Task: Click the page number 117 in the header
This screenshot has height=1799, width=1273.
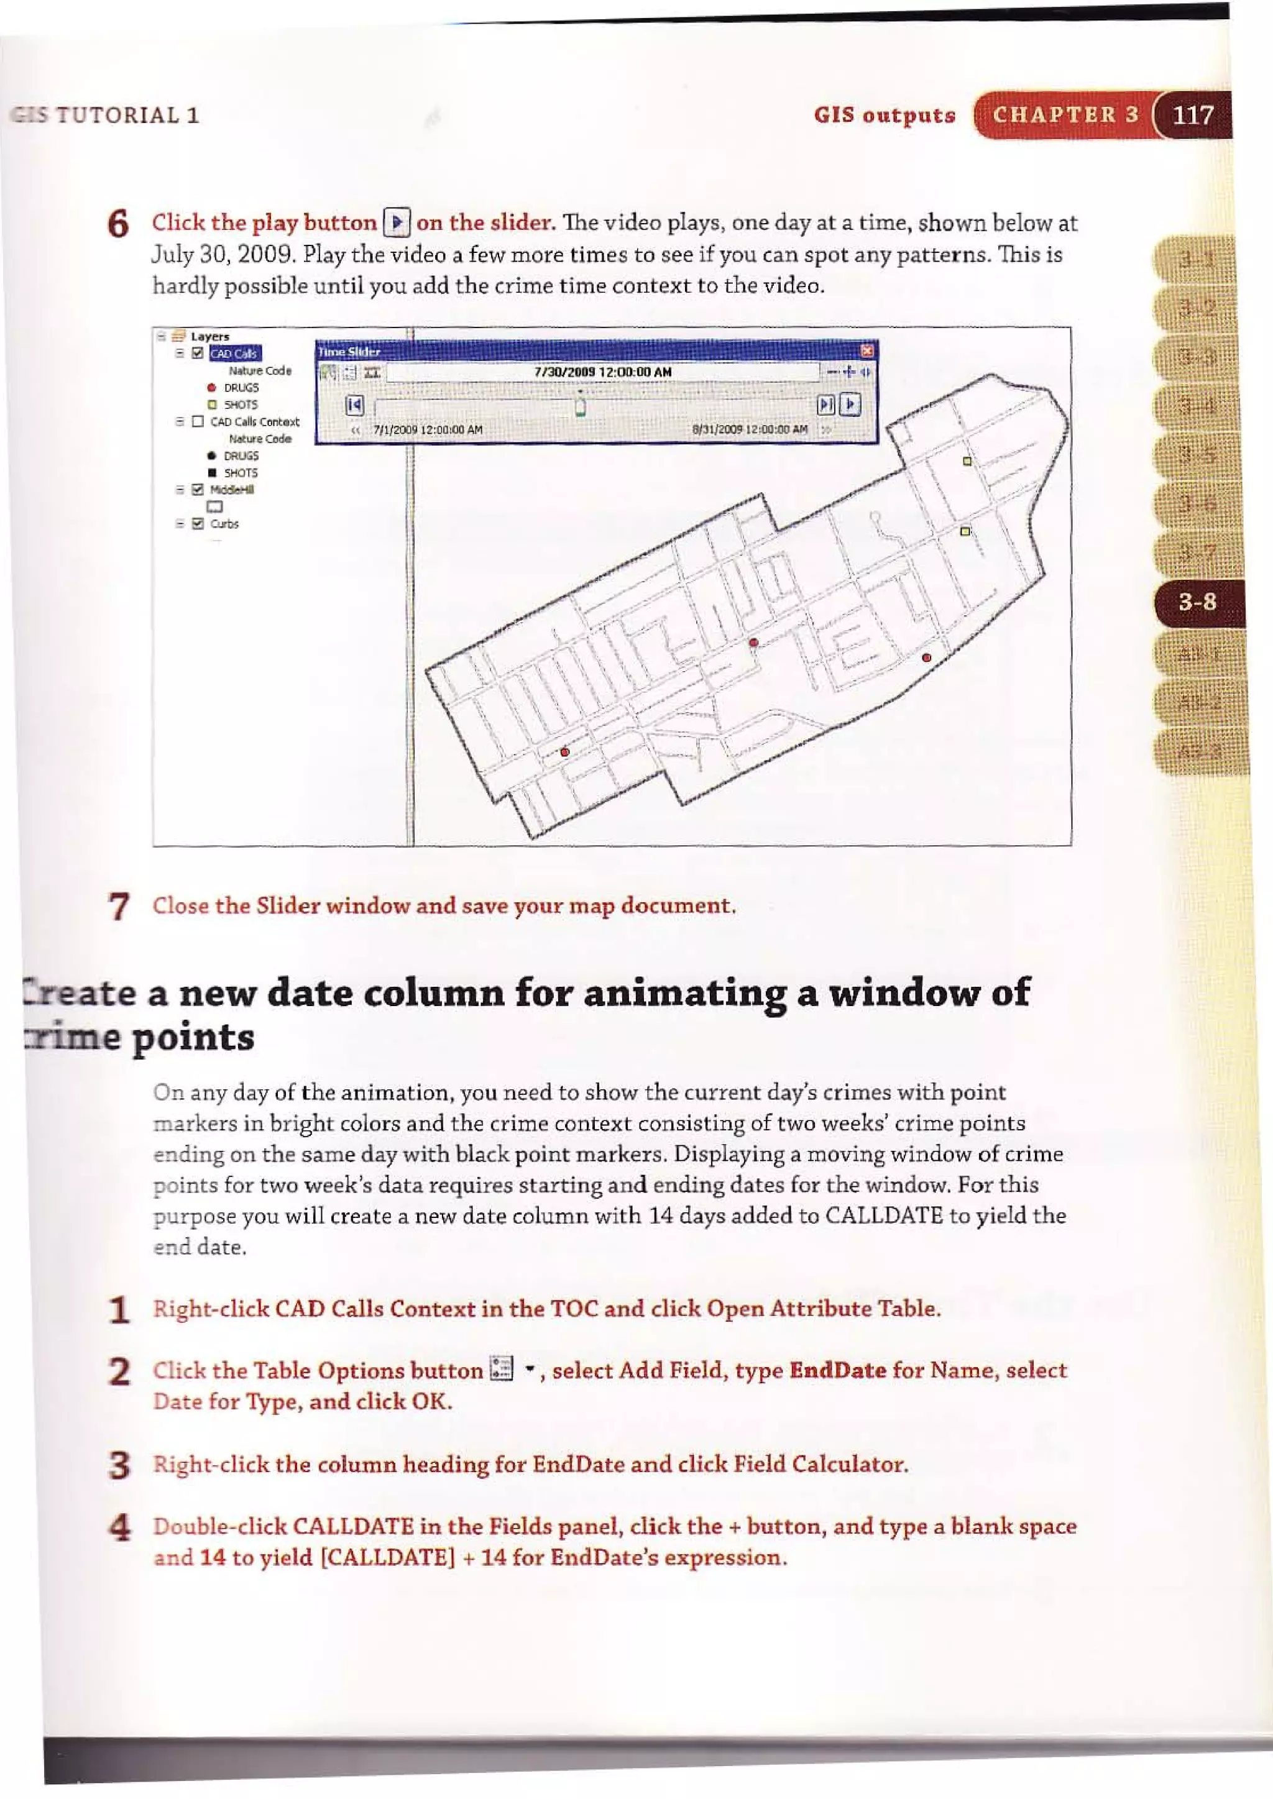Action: pos(1192,116)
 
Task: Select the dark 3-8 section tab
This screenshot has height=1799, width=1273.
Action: pos(1197,602)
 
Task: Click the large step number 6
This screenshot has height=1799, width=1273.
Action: pos(117,225)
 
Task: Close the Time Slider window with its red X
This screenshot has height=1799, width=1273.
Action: pos(866,351)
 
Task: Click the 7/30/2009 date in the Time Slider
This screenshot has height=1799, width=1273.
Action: pos(602,372)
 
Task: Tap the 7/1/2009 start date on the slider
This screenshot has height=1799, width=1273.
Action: pos(427,429)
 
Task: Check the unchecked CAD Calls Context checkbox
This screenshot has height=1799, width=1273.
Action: pos(198,421)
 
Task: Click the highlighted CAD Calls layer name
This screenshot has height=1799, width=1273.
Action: pos(235,354)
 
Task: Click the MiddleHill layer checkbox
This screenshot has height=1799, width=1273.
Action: pos(198,490)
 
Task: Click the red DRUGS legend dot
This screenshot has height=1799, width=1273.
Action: pos(211,388)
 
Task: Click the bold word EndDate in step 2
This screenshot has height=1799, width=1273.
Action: pos(837,1370)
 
